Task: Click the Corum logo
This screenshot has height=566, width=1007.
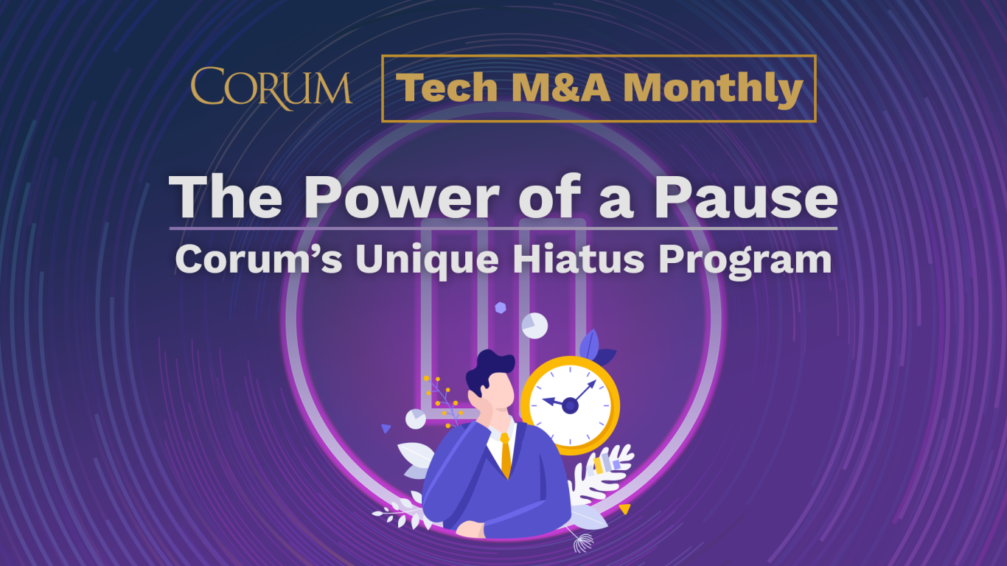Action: click(271, 88)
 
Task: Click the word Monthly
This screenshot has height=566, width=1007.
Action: click(713, 89)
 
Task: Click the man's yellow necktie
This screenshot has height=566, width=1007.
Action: click(506, 453)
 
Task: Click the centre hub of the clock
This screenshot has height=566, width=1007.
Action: click(570, 405)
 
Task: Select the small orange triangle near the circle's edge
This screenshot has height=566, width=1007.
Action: click(624, 509)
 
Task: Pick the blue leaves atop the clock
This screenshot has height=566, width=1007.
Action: click(593, 348)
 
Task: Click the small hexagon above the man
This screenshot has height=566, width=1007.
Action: click(501, 307)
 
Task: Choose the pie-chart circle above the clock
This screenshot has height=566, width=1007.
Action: click(534, 325)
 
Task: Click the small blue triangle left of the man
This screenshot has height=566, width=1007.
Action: click(386, 428)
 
